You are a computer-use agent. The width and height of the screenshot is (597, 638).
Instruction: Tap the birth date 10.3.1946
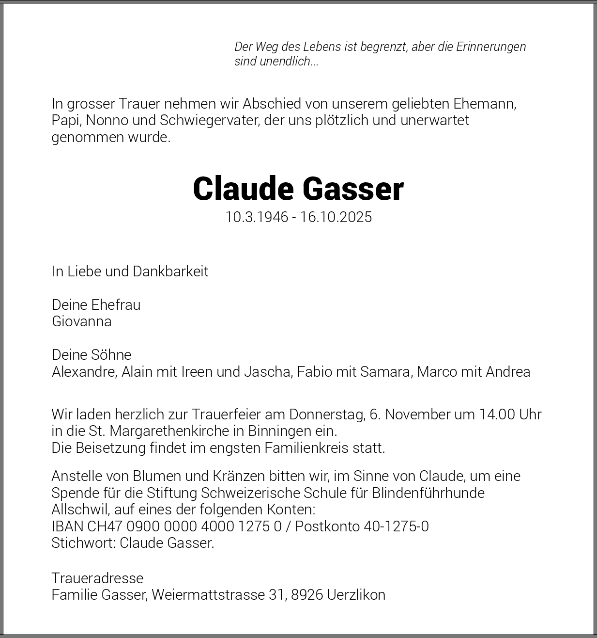pos(257,217)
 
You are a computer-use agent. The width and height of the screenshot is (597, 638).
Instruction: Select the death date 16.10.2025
pos(336,217)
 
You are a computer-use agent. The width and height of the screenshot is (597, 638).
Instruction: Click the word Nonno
pos(103,120)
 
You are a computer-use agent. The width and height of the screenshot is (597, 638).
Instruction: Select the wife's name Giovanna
pos(82,321)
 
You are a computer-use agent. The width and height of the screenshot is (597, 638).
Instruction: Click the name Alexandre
pos(84,372)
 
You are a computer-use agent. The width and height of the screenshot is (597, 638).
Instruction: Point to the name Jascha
pos(268,372)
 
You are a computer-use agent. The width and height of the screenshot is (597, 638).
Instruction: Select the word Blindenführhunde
pos(428,493)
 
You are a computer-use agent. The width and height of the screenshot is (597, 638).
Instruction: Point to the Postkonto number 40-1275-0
pos(396,526)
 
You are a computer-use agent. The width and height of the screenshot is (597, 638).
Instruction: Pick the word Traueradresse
pos(97,578)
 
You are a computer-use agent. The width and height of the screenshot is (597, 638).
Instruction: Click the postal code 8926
pos(307,595)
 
